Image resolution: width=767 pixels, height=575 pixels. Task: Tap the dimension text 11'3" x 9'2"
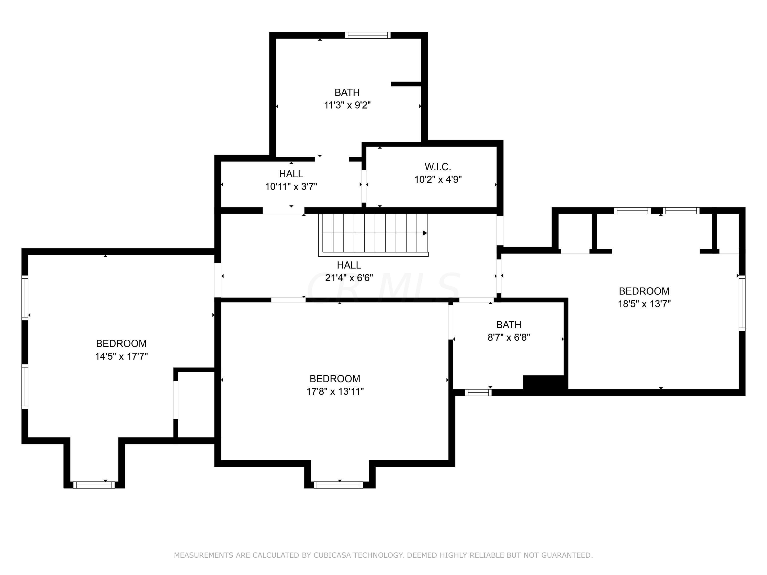click(x=347, y=105)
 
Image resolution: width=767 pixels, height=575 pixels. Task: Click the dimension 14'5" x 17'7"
click(x=121, y=356)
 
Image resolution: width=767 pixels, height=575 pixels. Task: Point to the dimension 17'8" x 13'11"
click(x=335, y=391)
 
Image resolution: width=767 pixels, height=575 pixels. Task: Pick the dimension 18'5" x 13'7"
click(x=644, y=304)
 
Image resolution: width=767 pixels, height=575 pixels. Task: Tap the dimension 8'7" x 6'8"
click(x=509, y=337)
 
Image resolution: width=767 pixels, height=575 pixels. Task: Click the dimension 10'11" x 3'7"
click(x=291, y=187)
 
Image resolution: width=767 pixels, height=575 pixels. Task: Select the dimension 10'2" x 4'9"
click(x=438, y=180)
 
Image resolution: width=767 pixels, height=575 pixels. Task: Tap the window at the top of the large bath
click(x=368, y=35)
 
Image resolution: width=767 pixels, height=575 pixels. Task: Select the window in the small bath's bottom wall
click(x=478, y=392)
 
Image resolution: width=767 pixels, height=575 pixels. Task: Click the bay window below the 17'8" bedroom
click(x=338, y=485)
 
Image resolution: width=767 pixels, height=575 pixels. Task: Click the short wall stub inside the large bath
click(x=406, y=84)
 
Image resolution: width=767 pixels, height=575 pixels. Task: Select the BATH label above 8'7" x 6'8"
click(x=509, y=325)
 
